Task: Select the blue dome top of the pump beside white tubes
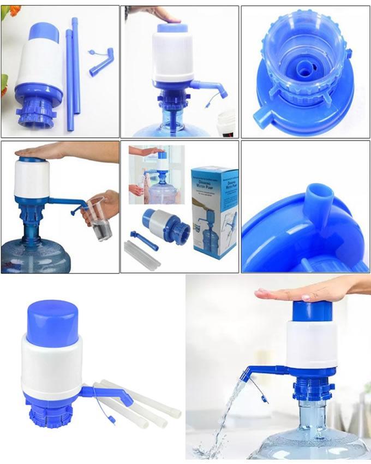(52, 322)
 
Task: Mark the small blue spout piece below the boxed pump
(144, 240)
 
